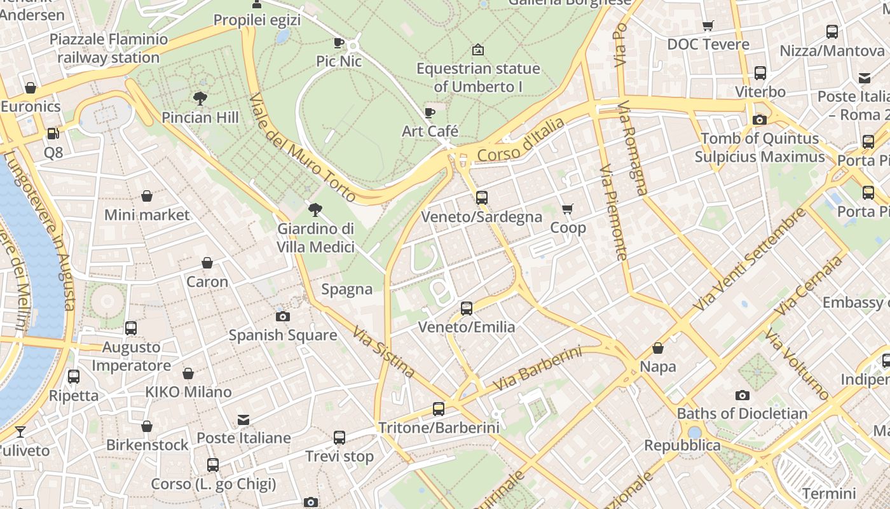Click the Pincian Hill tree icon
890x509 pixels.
point(200,99)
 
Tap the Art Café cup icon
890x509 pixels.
point(430,113)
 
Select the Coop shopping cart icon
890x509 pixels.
point(568,209)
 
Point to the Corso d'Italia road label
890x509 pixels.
point(521,139)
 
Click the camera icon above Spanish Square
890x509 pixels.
point(283,316)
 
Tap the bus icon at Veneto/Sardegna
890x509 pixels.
point(482,198)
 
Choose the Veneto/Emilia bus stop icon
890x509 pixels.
point(467,309)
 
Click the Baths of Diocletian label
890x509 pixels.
point(742,414)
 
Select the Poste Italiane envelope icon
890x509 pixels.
point(243,419)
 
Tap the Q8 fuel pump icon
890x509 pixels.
point(53,134)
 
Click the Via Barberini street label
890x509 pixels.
point(537,368)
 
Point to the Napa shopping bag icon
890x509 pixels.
point(658,348)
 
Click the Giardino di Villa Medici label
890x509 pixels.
point(316,237)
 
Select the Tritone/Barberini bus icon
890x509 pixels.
point(439,409)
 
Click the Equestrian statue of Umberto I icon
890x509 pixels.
point(478,50)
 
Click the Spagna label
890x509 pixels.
point(346,289)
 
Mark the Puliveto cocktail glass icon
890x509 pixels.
point(20,432)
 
